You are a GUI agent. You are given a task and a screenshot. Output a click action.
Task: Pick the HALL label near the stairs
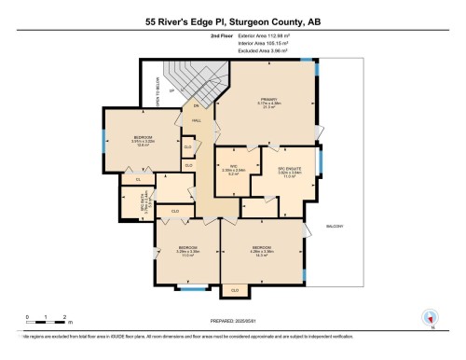(198, 120)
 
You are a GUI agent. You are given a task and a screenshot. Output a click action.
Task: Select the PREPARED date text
(234, 323)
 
